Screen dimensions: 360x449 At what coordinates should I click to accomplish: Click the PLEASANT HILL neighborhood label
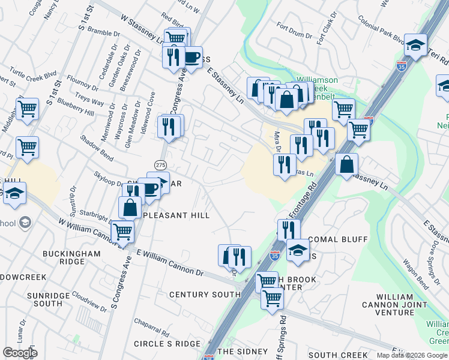click(x=175, y=215)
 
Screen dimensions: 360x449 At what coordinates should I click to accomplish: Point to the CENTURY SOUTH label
click(x=205, y=295)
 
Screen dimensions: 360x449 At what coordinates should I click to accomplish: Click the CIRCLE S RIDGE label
click(x=167, y=343)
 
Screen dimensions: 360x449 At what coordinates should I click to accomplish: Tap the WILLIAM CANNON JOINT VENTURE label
click(x=394, y=304)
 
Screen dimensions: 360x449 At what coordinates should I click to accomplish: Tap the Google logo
click(x=20, y=353)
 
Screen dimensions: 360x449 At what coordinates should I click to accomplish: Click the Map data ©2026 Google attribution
click(x=411, y=355)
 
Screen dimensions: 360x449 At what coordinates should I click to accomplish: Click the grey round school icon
click(x=25, y=223)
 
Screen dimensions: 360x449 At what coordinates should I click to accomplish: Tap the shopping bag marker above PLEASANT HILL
click(x=130, y=208)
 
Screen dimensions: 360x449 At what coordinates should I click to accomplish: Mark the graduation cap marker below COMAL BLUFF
click(x=297, y=250)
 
